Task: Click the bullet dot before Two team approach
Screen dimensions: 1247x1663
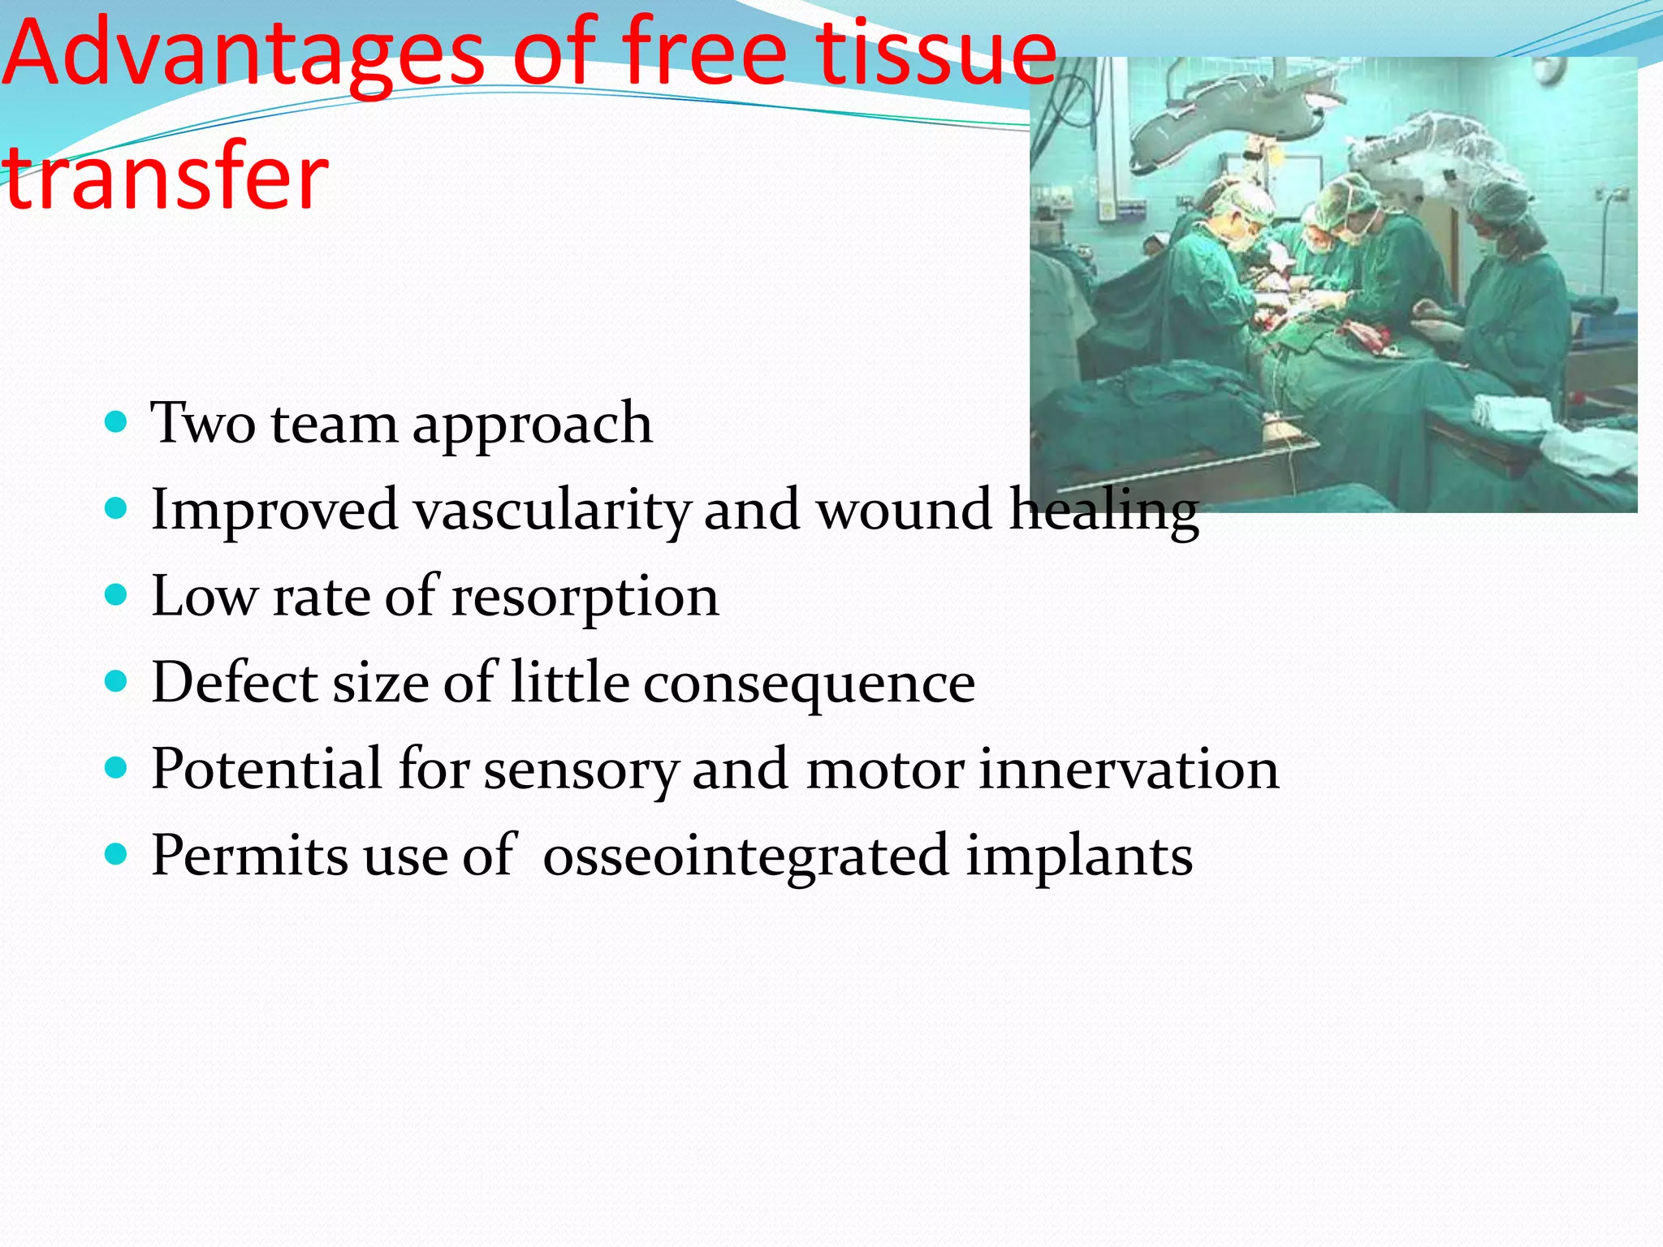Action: point(117,422)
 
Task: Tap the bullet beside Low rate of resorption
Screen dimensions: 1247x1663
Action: point(117,596)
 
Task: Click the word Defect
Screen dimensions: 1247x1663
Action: point(235,682)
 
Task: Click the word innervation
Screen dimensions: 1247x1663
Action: point(1129,770)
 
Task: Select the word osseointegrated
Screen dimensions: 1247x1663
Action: point(745,857)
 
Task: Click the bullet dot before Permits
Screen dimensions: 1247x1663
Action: point(117,854)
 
